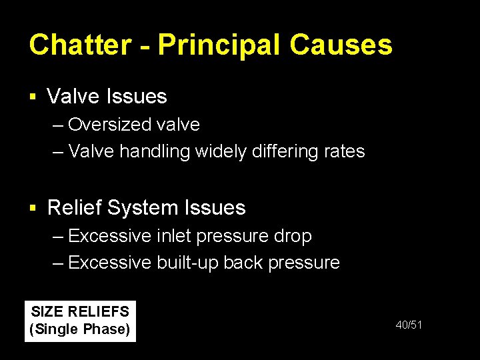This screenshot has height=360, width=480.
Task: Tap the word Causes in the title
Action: (341, 45)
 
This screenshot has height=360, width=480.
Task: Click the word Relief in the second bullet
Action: (74, 208)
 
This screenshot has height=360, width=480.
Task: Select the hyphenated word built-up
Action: (187, 263)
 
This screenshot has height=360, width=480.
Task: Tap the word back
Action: (243, 263)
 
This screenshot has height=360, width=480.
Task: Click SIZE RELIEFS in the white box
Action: (81, 312)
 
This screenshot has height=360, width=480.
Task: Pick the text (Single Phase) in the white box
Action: (81, 329)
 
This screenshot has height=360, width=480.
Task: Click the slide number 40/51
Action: (409, 325)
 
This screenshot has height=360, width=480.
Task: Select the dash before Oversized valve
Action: (58, 125)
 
